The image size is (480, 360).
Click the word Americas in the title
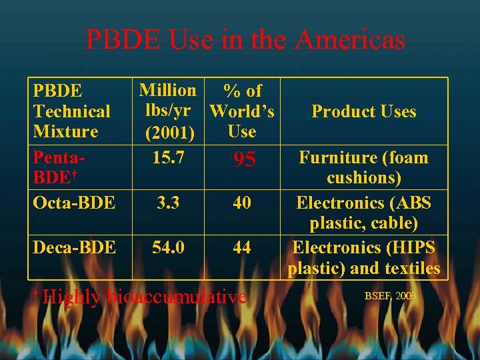[350, 40]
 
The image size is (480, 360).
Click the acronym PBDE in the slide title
[122, 40]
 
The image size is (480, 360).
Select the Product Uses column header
[364, 111]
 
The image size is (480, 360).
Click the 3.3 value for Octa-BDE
[166, 202]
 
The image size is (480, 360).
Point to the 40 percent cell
[242, 202]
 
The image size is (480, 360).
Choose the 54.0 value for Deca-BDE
[169, 247]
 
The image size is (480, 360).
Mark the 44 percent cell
[242, 247]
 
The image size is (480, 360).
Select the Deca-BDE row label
[74, 247]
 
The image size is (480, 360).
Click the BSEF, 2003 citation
[390, 295]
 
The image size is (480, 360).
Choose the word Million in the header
[167, 90]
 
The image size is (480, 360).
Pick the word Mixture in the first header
[66, 131]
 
